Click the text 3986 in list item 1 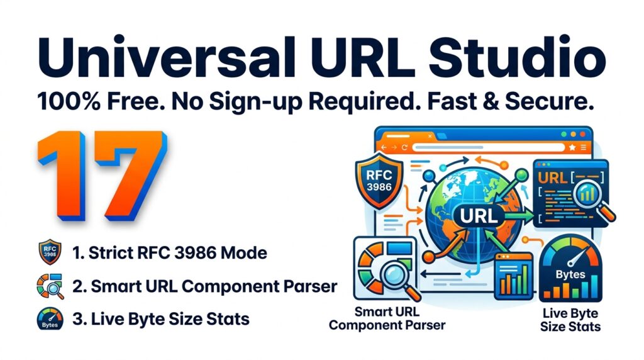click(192, 254)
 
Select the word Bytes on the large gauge click(570, 275)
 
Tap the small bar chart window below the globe click(514, 276)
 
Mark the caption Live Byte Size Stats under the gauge click(570, 320)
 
